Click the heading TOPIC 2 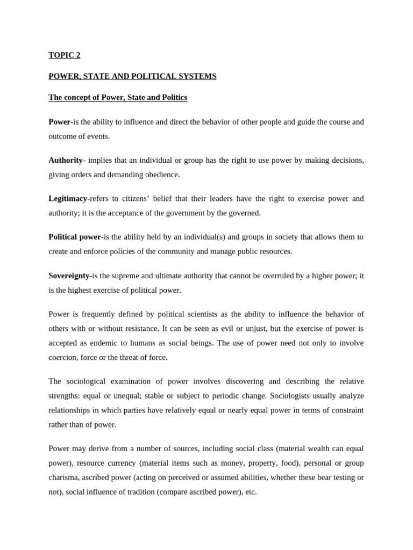click(x=65, y=55)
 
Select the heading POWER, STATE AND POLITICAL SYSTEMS click(x=132, y=76)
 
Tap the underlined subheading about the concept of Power click(x=118, y=97)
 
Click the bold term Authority click(x=66, y=160)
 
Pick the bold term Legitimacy click(x=68, y=198)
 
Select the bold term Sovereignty click(x=69, y=276)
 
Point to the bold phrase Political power click(x=75, y=237)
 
